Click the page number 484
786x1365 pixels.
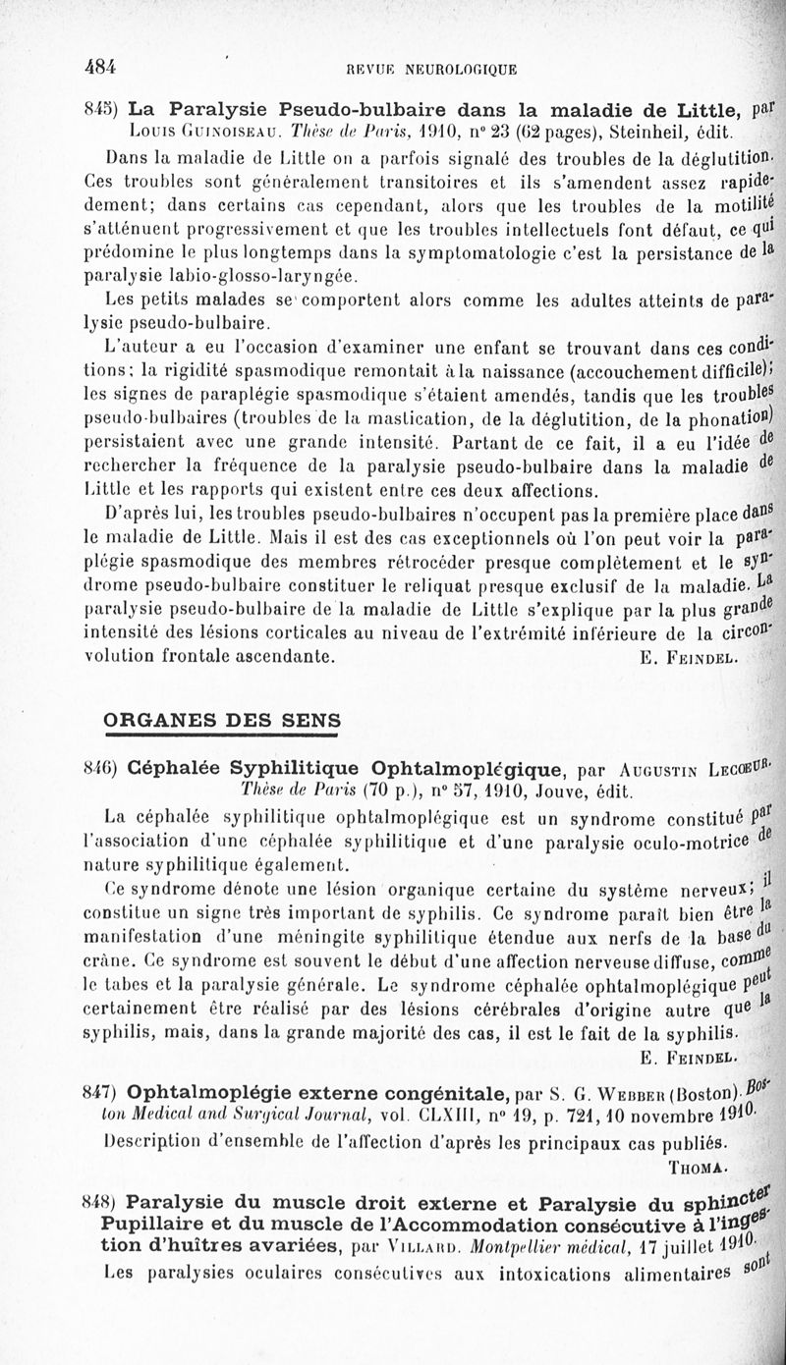(101, 67)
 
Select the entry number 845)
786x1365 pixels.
(103, 107)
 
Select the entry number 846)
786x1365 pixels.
(103, 767)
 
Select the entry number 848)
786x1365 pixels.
(103, 1202)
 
